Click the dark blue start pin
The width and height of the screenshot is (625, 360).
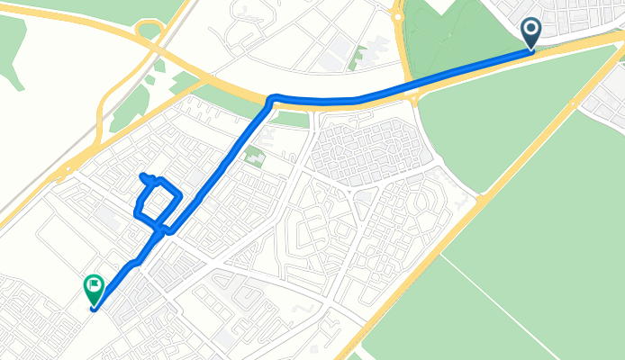531,32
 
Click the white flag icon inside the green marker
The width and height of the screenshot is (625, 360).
94,286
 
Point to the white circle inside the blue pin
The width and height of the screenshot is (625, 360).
531,30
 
